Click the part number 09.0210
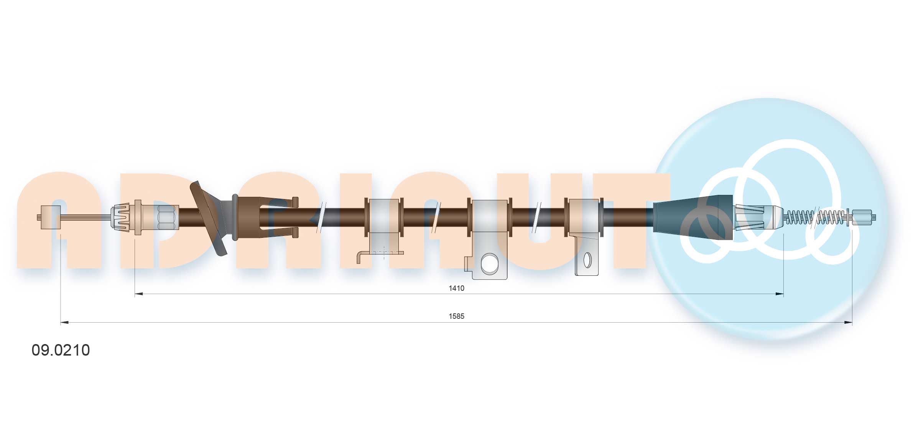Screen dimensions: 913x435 61,350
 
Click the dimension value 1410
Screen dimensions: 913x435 456,288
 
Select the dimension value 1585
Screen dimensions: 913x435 456,316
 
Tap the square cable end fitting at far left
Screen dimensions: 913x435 51,217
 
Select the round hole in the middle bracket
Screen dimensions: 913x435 489,264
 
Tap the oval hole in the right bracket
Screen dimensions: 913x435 587,260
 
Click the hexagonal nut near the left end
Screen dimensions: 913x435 166,217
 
